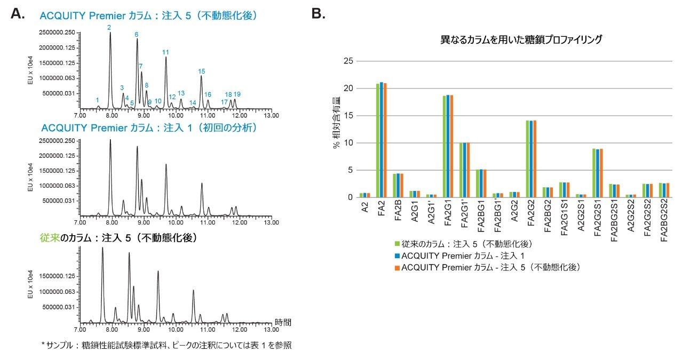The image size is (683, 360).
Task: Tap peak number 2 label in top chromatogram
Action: (x=109, y=27)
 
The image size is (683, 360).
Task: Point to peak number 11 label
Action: (x=165, y=52)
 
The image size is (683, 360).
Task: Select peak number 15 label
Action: (x=201, y=71)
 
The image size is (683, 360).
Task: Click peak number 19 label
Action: (x=237, y=94)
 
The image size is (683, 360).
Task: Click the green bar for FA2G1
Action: (x=444, y=147)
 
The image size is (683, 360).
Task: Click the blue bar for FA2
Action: (x=381, y=140)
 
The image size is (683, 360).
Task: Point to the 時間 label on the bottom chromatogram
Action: (x=283, y=322)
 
